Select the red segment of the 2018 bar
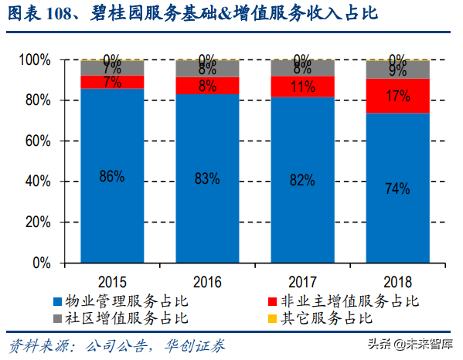(x=398, y=96)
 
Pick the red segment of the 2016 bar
(x=207, y=85)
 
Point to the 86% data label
(x=112, y=177)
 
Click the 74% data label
(x=398, y=188)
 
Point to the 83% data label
(x=207, y=179)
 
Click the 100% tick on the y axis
(x=36, y=60)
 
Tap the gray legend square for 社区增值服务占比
(x=57, y=318)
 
